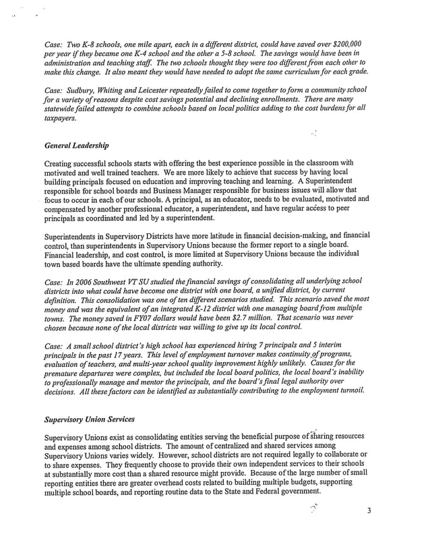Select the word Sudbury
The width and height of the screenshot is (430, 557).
[x=81, y=91]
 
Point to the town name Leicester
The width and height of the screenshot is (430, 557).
[x=158, y=91]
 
